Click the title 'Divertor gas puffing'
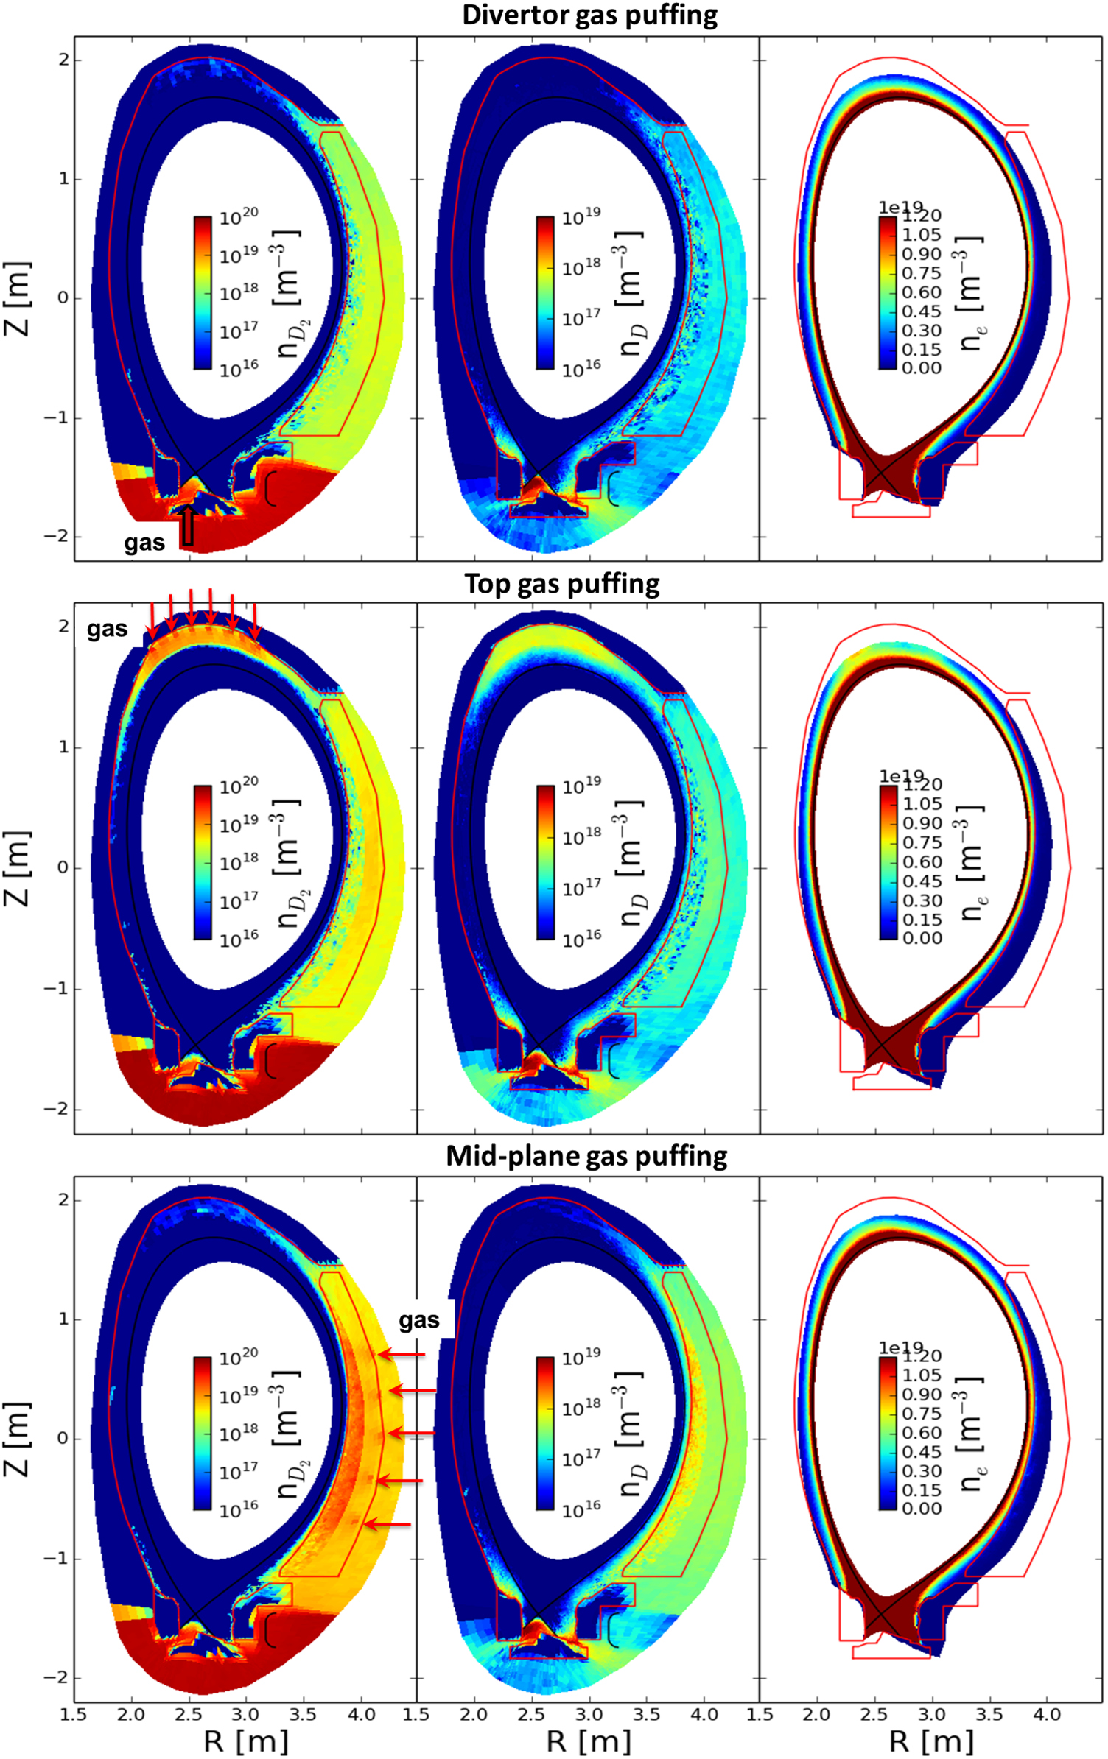click(589, 15)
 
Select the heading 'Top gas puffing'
click(562, 584)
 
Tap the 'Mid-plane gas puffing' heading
click(586, 1156)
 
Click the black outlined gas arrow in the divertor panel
click(187, 525)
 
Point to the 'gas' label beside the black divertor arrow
click(144, 543)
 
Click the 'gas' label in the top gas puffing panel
click(108, 629)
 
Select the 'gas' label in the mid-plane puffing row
click(419, 1320)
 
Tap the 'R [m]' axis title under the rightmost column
click(931, 1741)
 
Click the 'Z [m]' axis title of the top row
click(18, 298)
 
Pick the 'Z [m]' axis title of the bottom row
click(18, 1439)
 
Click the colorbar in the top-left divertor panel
click(203, 292)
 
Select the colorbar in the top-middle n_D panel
click(545, 292)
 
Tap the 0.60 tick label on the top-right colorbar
click(922, 292)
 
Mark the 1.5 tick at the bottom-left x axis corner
click(74, 1715)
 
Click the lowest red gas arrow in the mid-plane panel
click(388, 1524)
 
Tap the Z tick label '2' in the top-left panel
click(64, 60)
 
